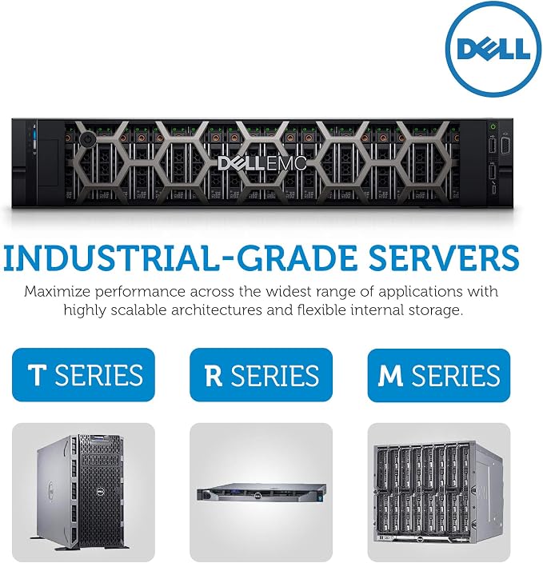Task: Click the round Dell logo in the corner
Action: tap(493, 49)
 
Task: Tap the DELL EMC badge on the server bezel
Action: tap(262, 163)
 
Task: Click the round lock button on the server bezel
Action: tap(87, 140)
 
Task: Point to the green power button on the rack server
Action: tap(493, 126)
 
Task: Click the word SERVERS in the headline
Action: tap(445, 258)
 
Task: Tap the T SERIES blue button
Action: tap(83, 374)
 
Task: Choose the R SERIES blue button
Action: tap(261, 374)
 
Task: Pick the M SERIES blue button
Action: tap(439, 374)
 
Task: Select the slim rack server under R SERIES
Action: tap(262, 492)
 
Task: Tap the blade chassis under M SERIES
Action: tap(438, 493)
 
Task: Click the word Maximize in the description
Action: tap(58, 291)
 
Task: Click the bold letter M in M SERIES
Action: tap(390, 375)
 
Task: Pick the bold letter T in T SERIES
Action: tap(38, 375)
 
